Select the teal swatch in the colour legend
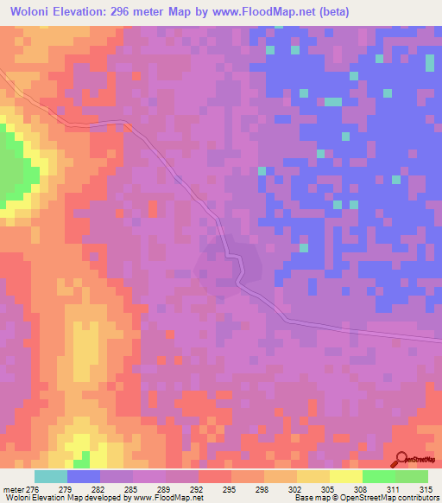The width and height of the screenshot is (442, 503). (x=51, y=476)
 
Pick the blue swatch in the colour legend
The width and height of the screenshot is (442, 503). (x=84, y=476)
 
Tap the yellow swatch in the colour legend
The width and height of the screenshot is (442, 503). (x=345, y=476)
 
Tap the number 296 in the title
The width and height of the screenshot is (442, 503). (x=129, y=12)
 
